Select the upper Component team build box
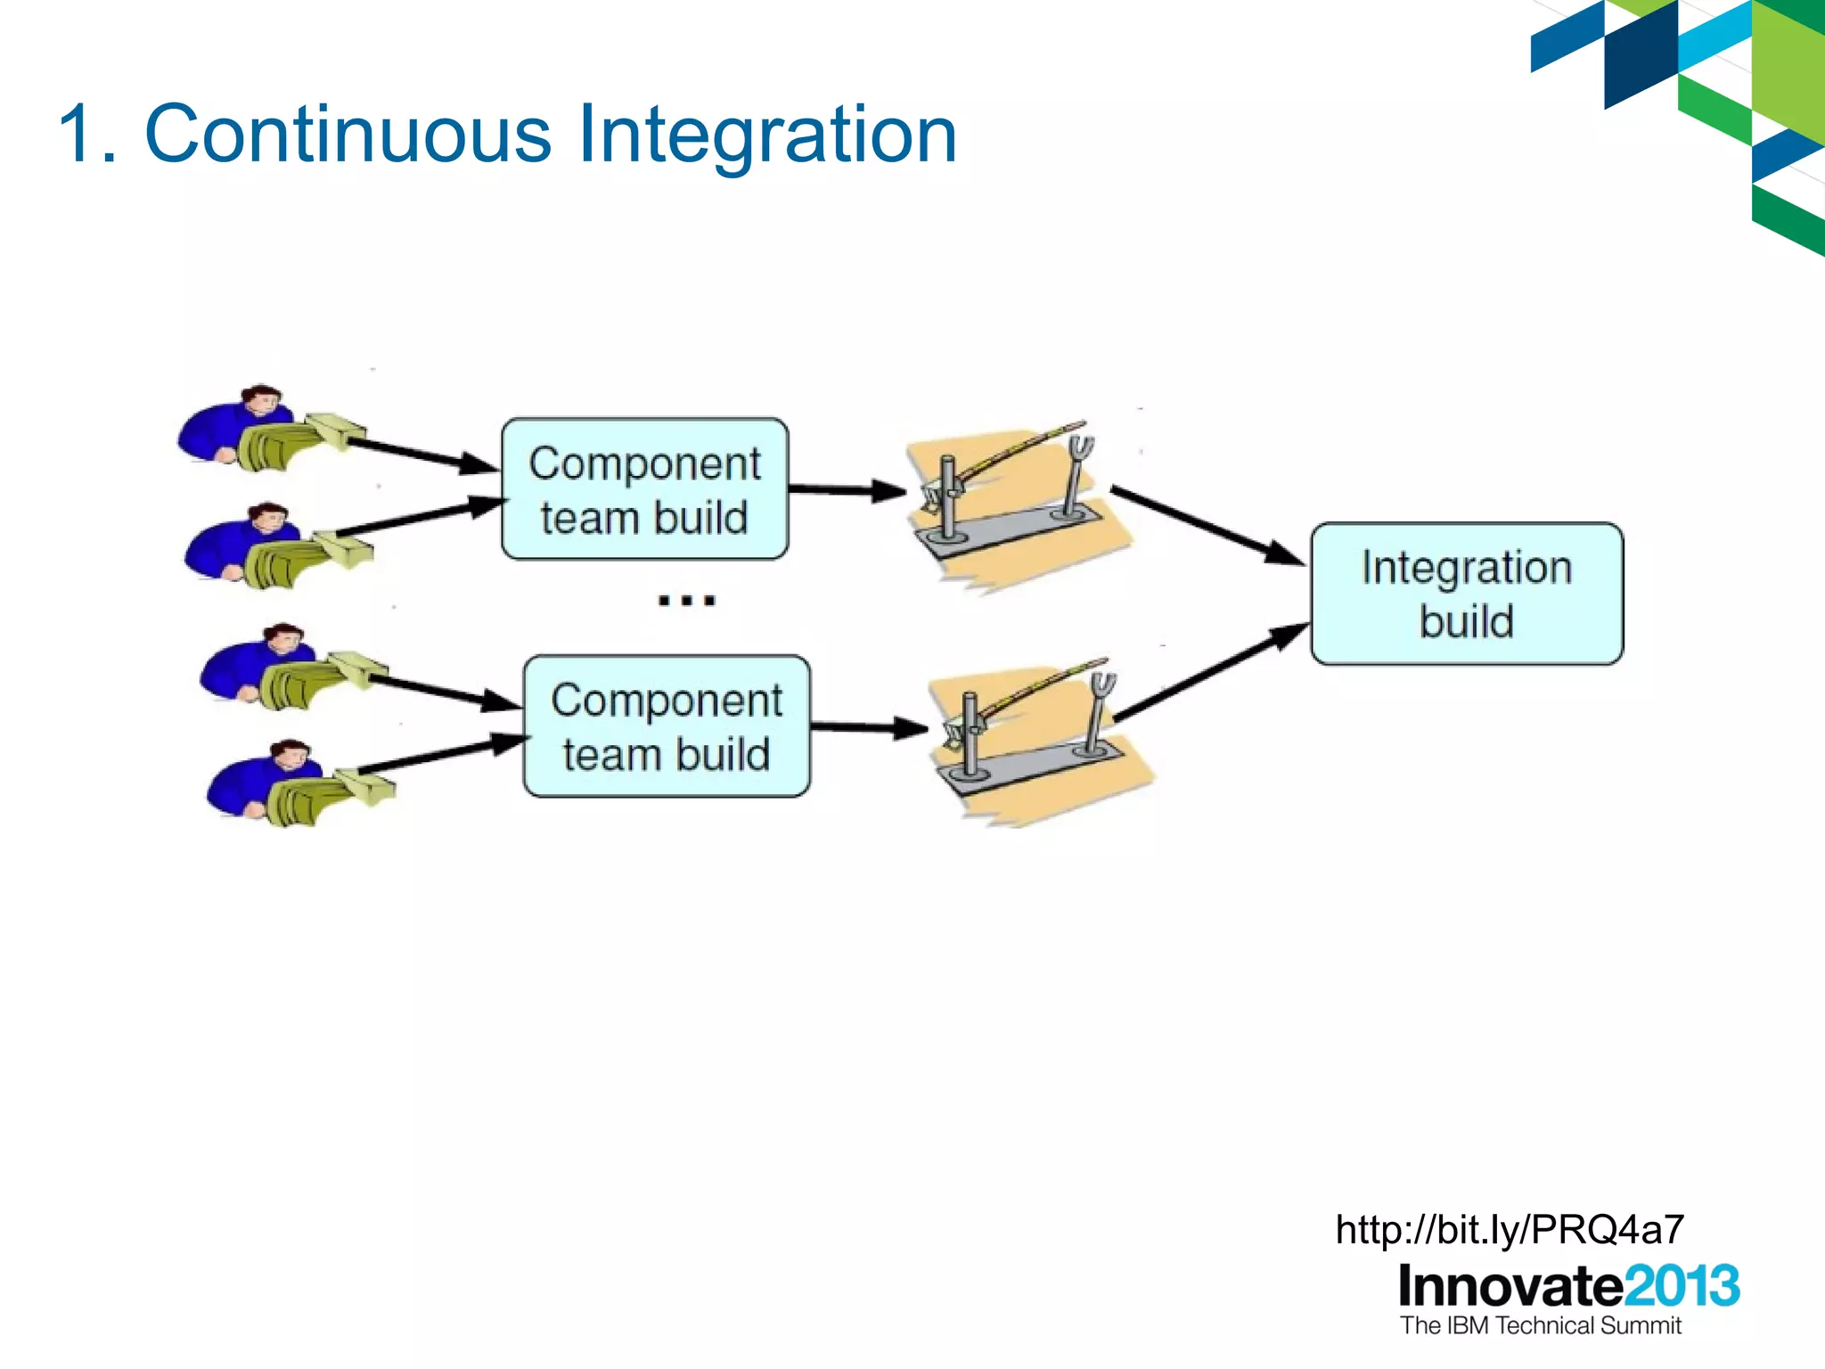(644, 489)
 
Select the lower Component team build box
(667, 726)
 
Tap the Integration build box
(1467, 594)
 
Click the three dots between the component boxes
(686, 601)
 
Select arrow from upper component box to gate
(847, 489)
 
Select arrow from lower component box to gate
(869, 727)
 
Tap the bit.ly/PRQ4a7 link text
(1510, 1230)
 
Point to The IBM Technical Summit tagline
(1540, 1325)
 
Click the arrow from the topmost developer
(419, 453)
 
